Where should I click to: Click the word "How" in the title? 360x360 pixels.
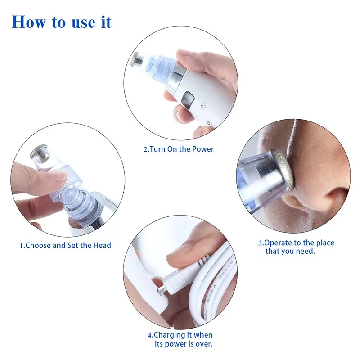[x=28, y=22]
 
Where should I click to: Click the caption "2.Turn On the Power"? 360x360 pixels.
[x=179, y=149]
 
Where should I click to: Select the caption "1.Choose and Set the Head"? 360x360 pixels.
[x=65, y=245]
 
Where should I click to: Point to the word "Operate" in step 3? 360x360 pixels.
[x=278, y=243]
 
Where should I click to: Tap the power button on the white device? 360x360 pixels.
[x=208, y=123]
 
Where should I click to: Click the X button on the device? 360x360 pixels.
[x=202, y=106]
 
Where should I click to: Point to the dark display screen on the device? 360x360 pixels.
[x=188, y=100]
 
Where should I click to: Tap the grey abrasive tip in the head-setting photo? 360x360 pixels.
[x=39, y=151]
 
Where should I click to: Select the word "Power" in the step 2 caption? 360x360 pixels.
[x=203, y=149]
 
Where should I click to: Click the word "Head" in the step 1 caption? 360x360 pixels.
[x=102, y=245]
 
